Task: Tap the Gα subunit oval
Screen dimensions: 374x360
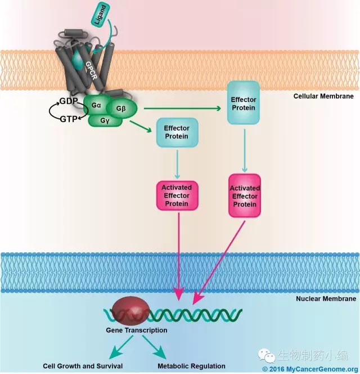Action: [95, 105]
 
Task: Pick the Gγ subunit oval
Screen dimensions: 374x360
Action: [105, 119]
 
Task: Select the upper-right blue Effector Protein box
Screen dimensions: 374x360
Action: [243, 103]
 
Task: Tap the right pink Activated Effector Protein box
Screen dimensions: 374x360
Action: [245, 197]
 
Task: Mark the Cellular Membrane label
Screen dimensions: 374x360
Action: [323, 96]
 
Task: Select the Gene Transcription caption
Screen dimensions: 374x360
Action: [133, 330]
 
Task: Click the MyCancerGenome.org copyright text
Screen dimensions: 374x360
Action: [309, 368]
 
